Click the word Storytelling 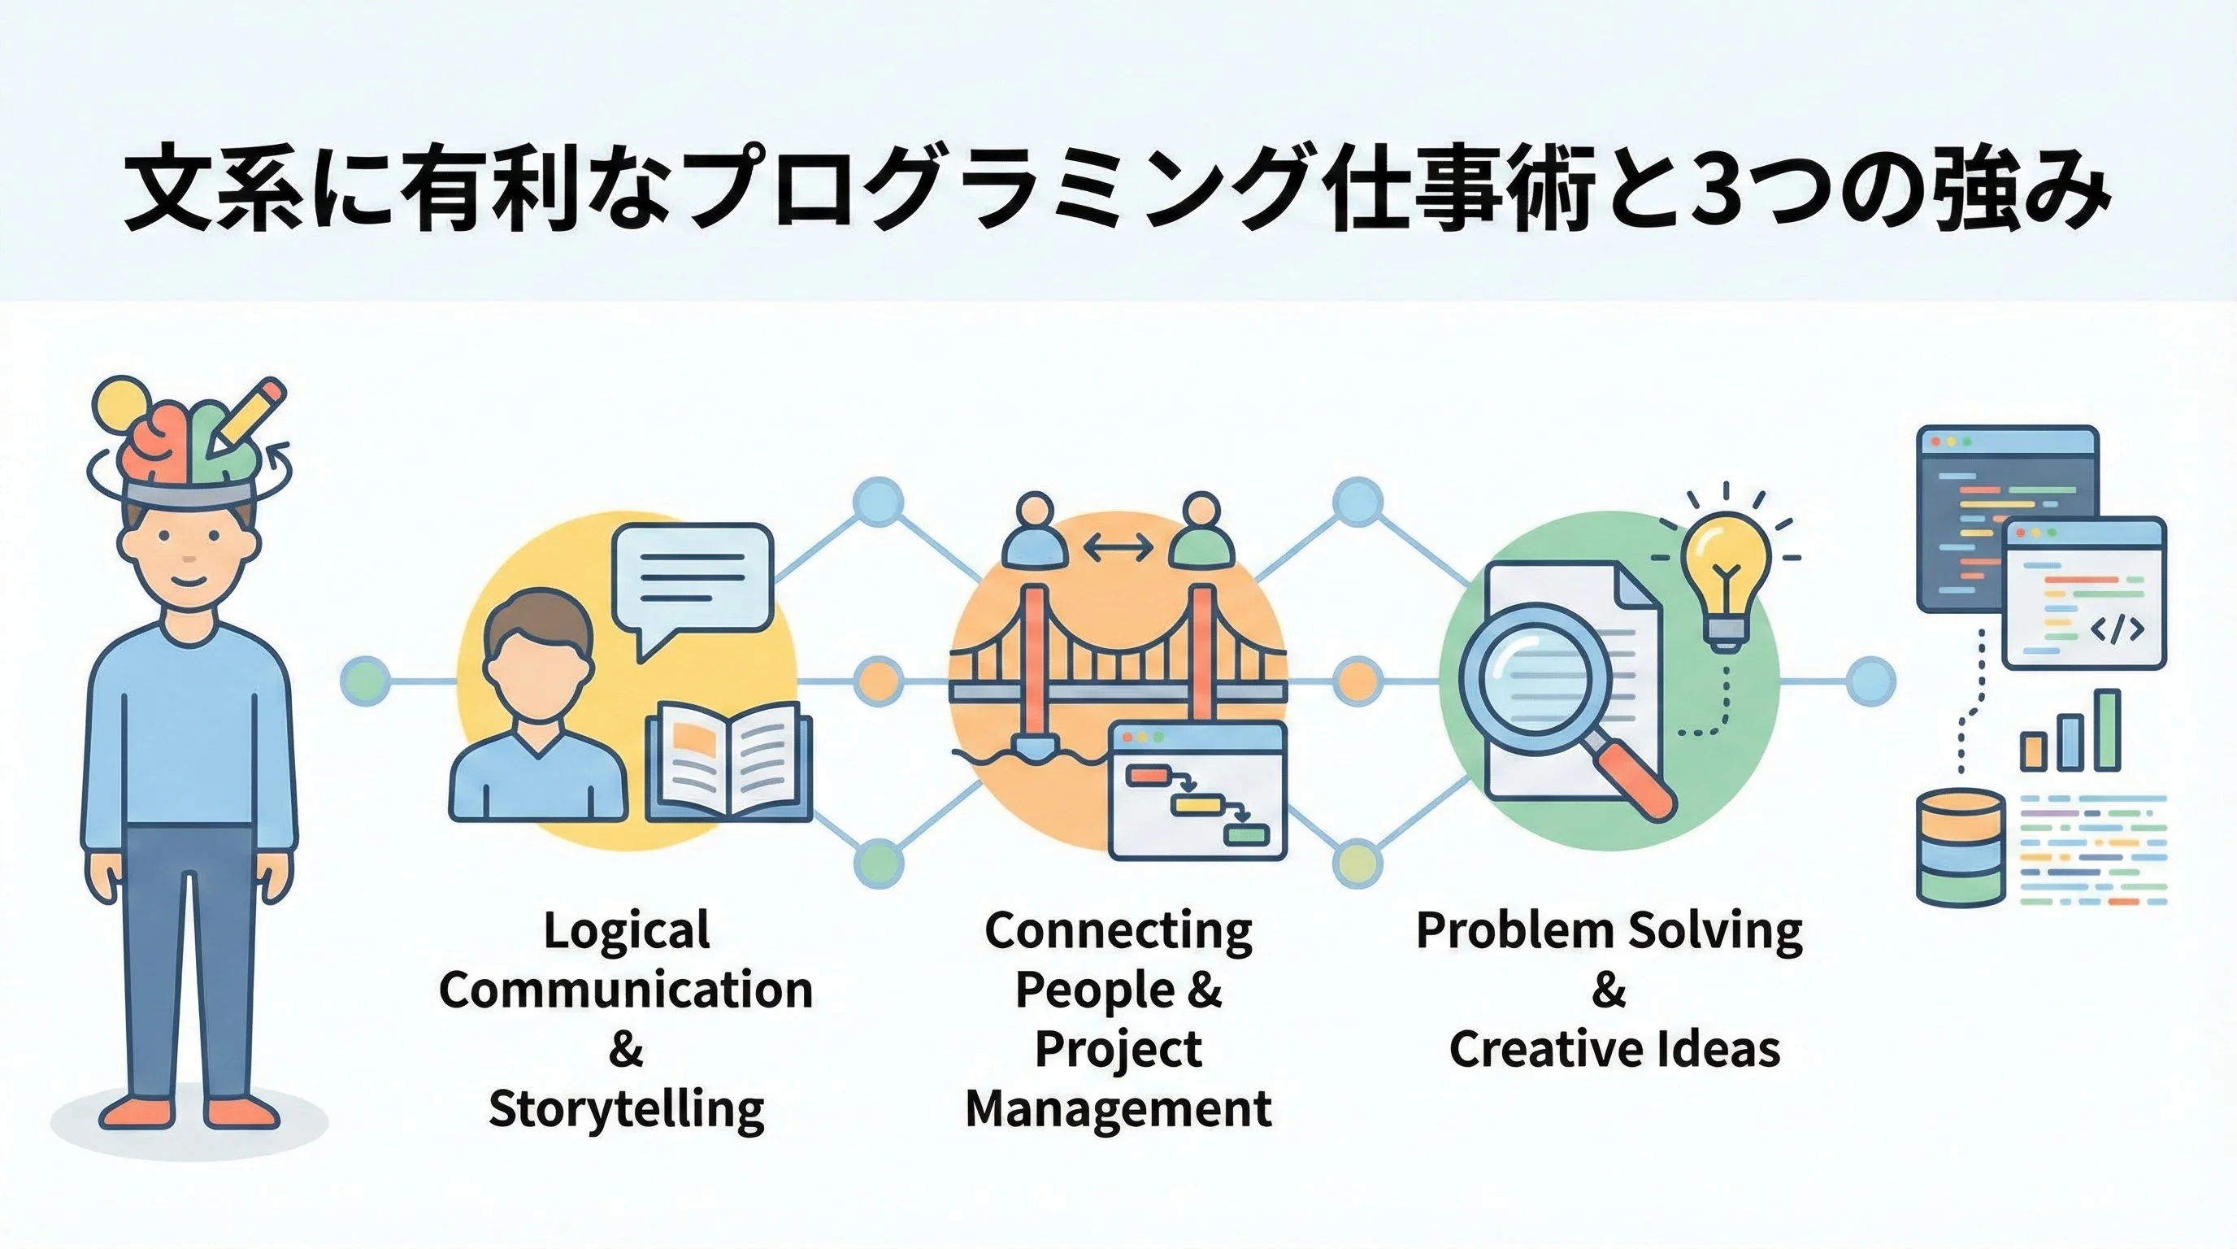(x=626, y=1109)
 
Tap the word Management (x=1118, y=1109)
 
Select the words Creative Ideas (x=1614, y=1048)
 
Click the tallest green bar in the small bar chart (x=2108, y=729)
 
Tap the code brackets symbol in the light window (x=2117, y=629)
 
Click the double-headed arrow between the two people (x=1118, y=547)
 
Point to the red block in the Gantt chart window (x=1143, y=773)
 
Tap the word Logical (x=626, y=930)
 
